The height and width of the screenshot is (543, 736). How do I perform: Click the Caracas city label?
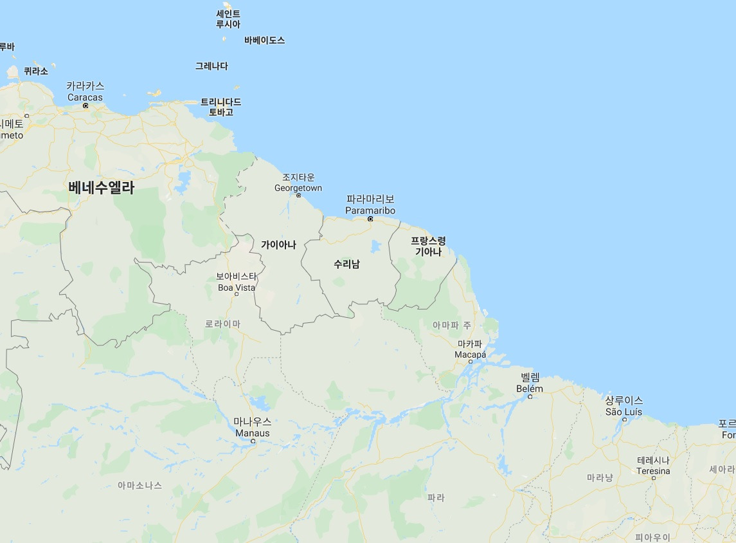85,91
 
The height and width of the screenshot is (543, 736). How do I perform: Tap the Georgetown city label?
298,183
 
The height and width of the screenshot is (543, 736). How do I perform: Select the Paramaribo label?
370,205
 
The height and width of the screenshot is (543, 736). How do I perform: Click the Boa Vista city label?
236,282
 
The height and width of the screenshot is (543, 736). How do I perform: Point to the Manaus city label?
253,427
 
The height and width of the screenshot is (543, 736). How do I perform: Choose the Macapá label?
471,349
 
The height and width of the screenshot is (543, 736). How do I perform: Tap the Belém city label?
530,383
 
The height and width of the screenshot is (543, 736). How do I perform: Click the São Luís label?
624,406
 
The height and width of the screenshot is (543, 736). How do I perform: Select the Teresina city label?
653,466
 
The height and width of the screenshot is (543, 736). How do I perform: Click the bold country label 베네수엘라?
102,188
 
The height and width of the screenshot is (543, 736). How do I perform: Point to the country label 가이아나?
278,244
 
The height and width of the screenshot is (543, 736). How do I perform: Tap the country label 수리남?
346,264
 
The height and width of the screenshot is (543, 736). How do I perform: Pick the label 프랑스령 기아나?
428,246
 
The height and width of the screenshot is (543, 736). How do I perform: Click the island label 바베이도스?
264,41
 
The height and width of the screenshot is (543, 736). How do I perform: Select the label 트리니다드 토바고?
220,107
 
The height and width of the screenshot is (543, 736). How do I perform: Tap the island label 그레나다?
211,66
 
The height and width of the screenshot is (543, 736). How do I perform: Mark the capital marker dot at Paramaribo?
370,219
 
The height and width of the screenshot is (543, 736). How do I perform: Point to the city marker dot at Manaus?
253,441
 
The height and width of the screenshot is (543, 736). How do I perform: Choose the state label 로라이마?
222,324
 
